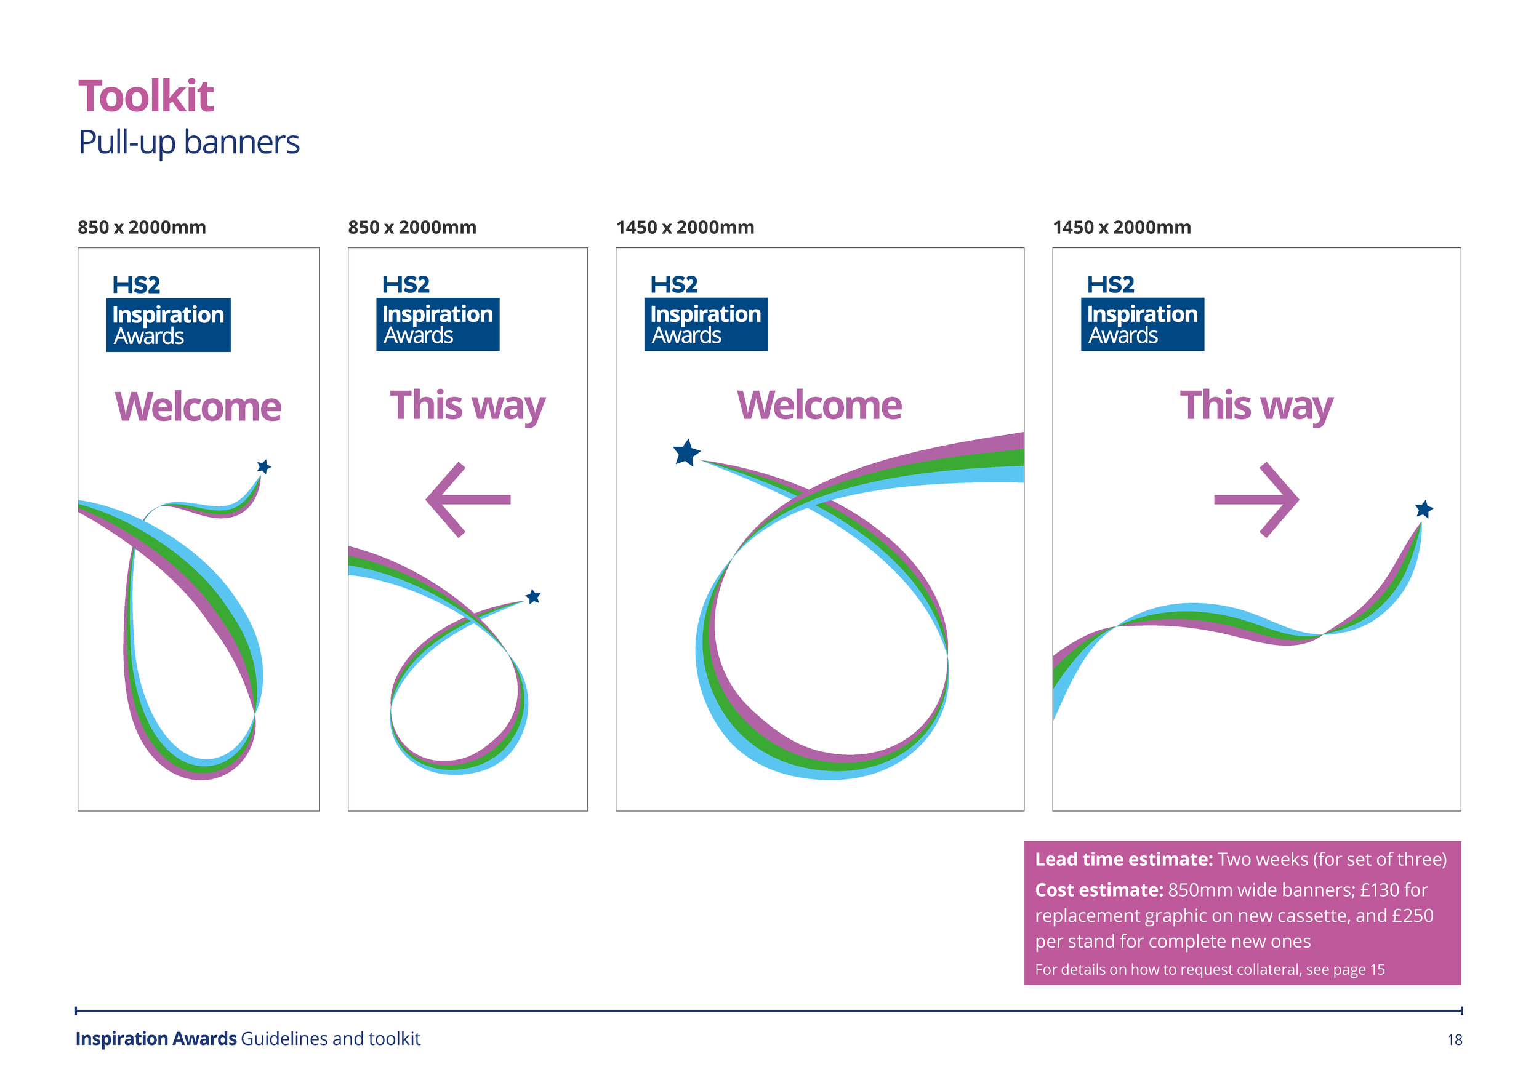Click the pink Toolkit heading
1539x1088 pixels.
[145, 97]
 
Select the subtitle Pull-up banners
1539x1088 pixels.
[188, 143]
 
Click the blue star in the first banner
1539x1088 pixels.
[264, 466]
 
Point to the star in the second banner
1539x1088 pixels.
[533, 596]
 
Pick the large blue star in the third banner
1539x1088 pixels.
[686, 453]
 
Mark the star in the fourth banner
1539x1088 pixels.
[1424, 509]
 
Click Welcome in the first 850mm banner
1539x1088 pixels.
[198, 407]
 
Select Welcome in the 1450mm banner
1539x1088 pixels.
[819, 406]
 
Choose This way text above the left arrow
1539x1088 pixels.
[467, 406]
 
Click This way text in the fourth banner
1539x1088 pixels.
[1256, 406]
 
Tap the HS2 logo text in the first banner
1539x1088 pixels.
[136, 285]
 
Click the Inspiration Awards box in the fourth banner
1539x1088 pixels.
[1142, 324]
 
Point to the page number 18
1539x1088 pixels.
[1454, 1040]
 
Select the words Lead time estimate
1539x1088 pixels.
[1123, 860]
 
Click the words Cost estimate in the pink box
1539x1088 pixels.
[1099, 890]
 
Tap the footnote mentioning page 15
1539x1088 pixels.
[1209, 969]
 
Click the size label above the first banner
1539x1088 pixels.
[142, 228]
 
